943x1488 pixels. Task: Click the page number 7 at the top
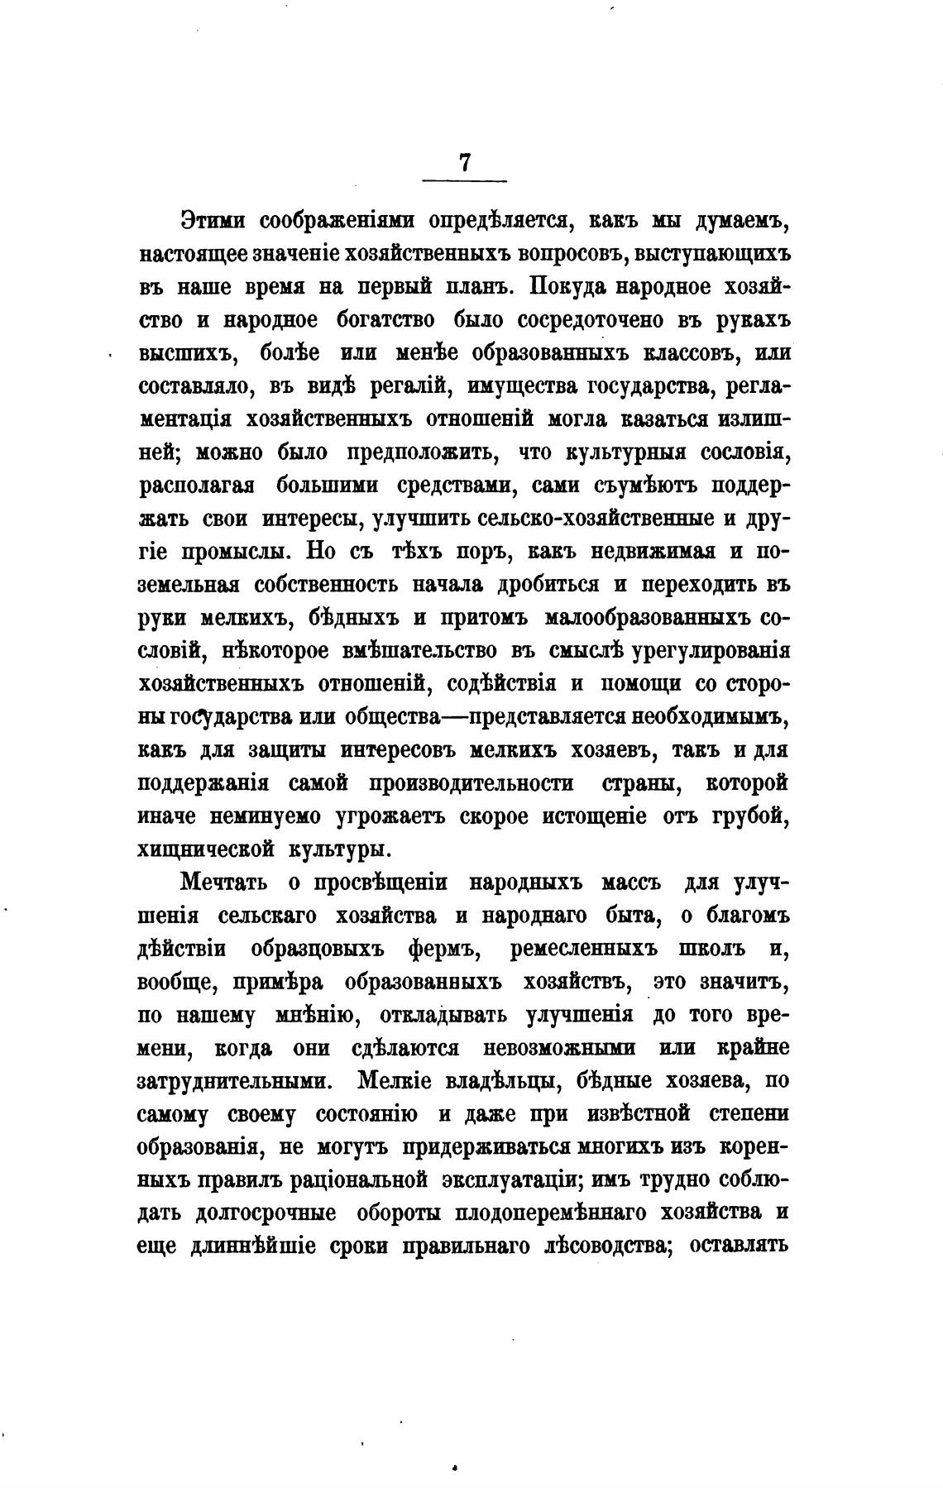(464, 163)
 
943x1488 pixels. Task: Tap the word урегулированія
(711, 651)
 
